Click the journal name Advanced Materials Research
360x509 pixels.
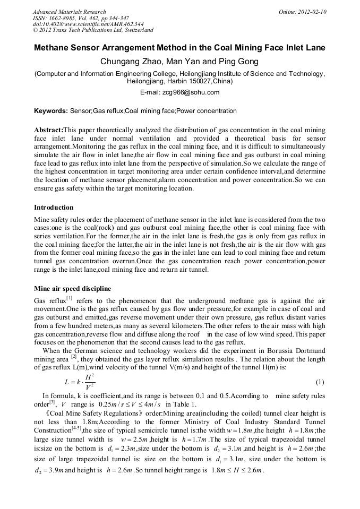pos(69,12)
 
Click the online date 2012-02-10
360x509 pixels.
pos(313,12)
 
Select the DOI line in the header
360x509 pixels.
pos(88,24)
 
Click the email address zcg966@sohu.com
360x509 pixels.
pos(194,92)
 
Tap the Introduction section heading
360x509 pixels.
pos(54,207)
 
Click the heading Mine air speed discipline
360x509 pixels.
pos(72,289)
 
